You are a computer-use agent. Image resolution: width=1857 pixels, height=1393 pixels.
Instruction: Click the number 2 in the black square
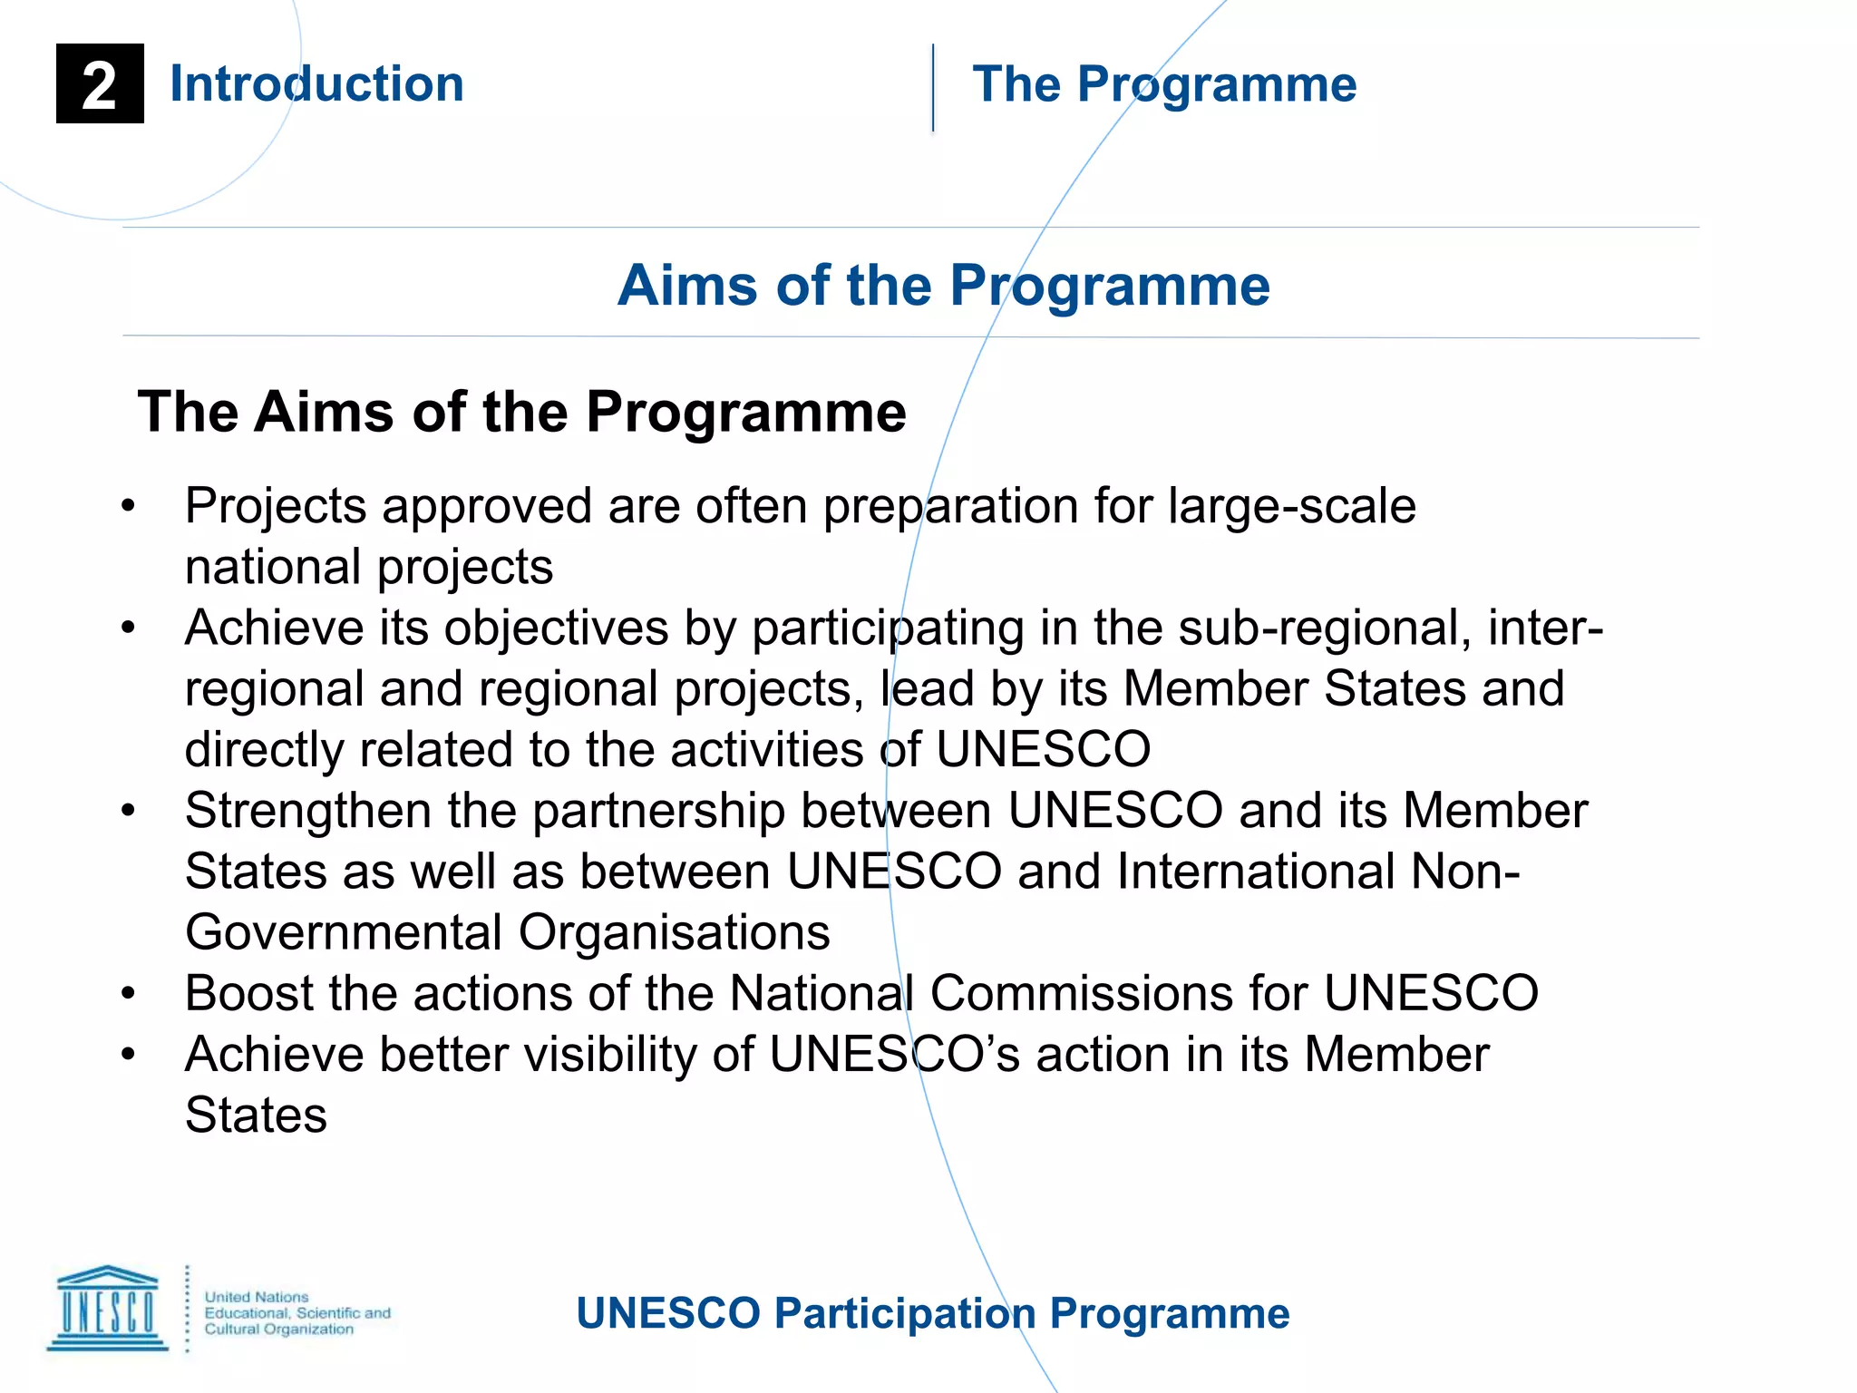tap(100, 85)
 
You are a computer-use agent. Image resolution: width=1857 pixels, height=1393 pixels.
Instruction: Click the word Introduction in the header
tap(316, 84)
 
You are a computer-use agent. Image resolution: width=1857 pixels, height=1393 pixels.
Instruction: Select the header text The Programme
tap(1164, 85)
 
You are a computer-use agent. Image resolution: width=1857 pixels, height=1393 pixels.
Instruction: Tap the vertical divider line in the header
tap(933, 88)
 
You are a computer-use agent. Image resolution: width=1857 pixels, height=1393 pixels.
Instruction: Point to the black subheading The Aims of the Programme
tap(521, 413)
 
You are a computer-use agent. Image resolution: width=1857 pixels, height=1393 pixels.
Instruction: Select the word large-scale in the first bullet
tap(1291, 506)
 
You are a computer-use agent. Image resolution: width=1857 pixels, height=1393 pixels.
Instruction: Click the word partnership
tap(658, 811)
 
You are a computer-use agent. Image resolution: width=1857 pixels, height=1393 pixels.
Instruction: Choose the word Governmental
tap(344, 932)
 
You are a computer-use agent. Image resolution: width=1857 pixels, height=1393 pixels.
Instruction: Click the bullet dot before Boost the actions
tap(128, 994)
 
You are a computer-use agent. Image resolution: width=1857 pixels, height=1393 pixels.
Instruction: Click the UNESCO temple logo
tap(108, 1309)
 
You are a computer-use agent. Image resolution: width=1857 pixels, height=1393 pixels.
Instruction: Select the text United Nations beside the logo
tap(257, 1297)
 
